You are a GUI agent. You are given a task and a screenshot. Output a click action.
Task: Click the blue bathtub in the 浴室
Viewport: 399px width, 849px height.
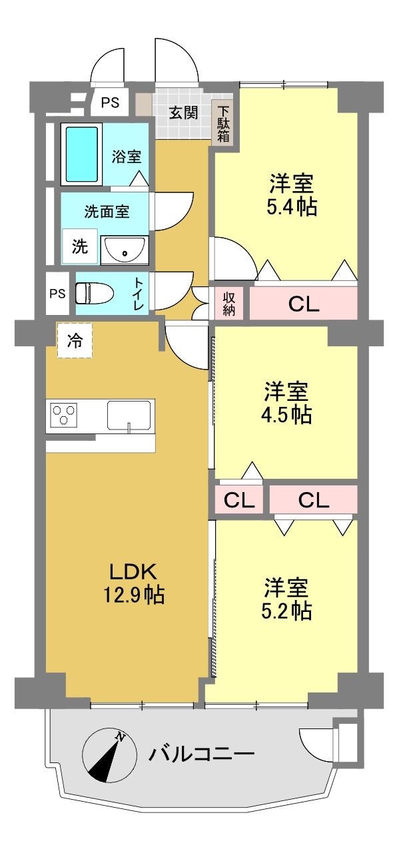tap(82, 154)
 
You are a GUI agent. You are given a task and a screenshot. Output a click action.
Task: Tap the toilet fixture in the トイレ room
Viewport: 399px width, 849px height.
tap(95, 294)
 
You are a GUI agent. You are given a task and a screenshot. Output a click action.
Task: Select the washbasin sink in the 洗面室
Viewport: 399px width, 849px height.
tap(125, 250)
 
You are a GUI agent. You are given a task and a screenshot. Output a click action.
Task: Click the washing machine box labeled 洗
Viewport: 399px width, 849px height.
tap(80, 247)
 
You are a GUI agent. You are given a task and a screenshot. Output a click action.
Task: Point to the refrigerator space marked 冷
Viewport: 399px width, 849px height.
tap(75, 340)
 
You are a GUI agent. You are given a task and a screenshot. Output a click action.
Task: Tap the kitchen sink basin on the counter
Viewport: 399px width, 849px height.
tap(129, 415)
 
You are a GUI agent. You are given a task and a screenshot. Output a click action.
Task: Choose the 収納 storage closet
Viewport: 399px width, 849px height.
tap(228, 304)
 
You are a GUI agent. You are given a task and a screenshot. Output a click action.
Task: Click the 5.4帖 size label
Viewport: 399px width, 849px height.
tap(292, 208)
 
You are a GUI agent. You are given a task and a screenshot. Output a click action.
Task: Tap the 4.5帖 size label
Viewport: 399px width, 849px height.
tap(286, 415)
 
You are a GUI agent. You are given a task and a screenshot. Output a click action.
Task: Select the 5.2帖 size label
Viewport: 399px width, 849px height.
tap(286, 611)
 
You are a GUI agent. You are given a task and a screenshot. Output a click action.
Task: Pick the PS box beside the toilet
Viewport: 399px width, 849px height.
tap(58, 294)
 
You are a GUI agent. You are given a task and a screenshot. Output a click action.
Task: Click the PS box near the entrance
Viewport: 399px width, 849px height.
tap(110, 103)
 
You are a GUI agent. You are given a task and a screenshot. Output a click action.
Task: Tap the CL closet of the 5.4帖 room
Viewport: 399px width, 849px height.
tap(304, 303)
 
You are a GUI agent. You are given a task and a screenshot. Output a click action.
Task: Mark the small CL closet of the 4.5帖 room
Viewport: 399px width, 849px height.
tap(239, 500)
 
